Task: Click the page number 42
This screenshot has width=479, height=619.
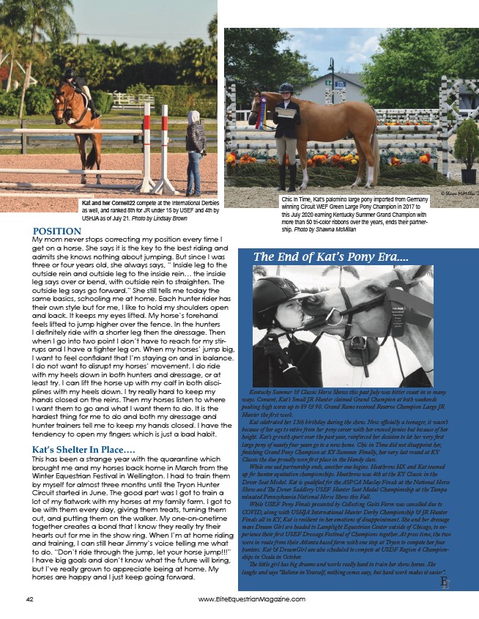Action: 29,598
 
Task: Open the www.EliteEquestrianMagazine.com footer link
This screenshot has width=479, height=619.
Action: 251,598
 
